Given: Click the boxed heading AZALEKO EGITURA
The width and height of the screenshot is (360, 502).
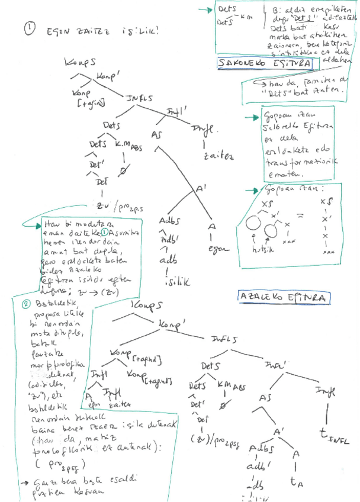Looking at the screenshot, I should point(282,297).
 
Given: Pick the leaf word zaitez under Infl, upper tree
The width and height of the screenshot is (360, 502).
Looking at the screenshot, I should point(218,157).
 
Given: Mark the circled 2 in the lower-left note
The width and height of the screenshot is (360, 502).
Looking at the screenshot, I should point(25,305).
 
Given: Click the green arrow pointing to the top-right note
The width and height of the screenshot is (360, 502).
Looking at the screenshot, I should point(206,9).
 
